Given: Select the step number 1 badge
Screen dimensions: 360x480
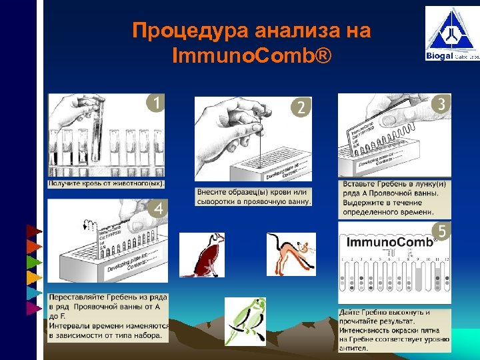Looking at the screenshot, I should click(155, 103).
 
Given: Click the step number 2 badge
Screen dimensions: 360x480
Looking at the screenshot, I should click(301, 107).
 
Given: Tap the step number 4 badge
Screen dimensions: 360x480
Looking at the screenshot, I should click(159, 208).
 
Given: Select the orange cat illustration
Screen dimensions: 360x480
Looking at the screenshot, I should click(291, 253).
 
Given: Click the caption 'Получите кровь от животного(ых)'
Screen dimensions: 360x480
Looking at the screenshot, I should click(107, 183).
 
